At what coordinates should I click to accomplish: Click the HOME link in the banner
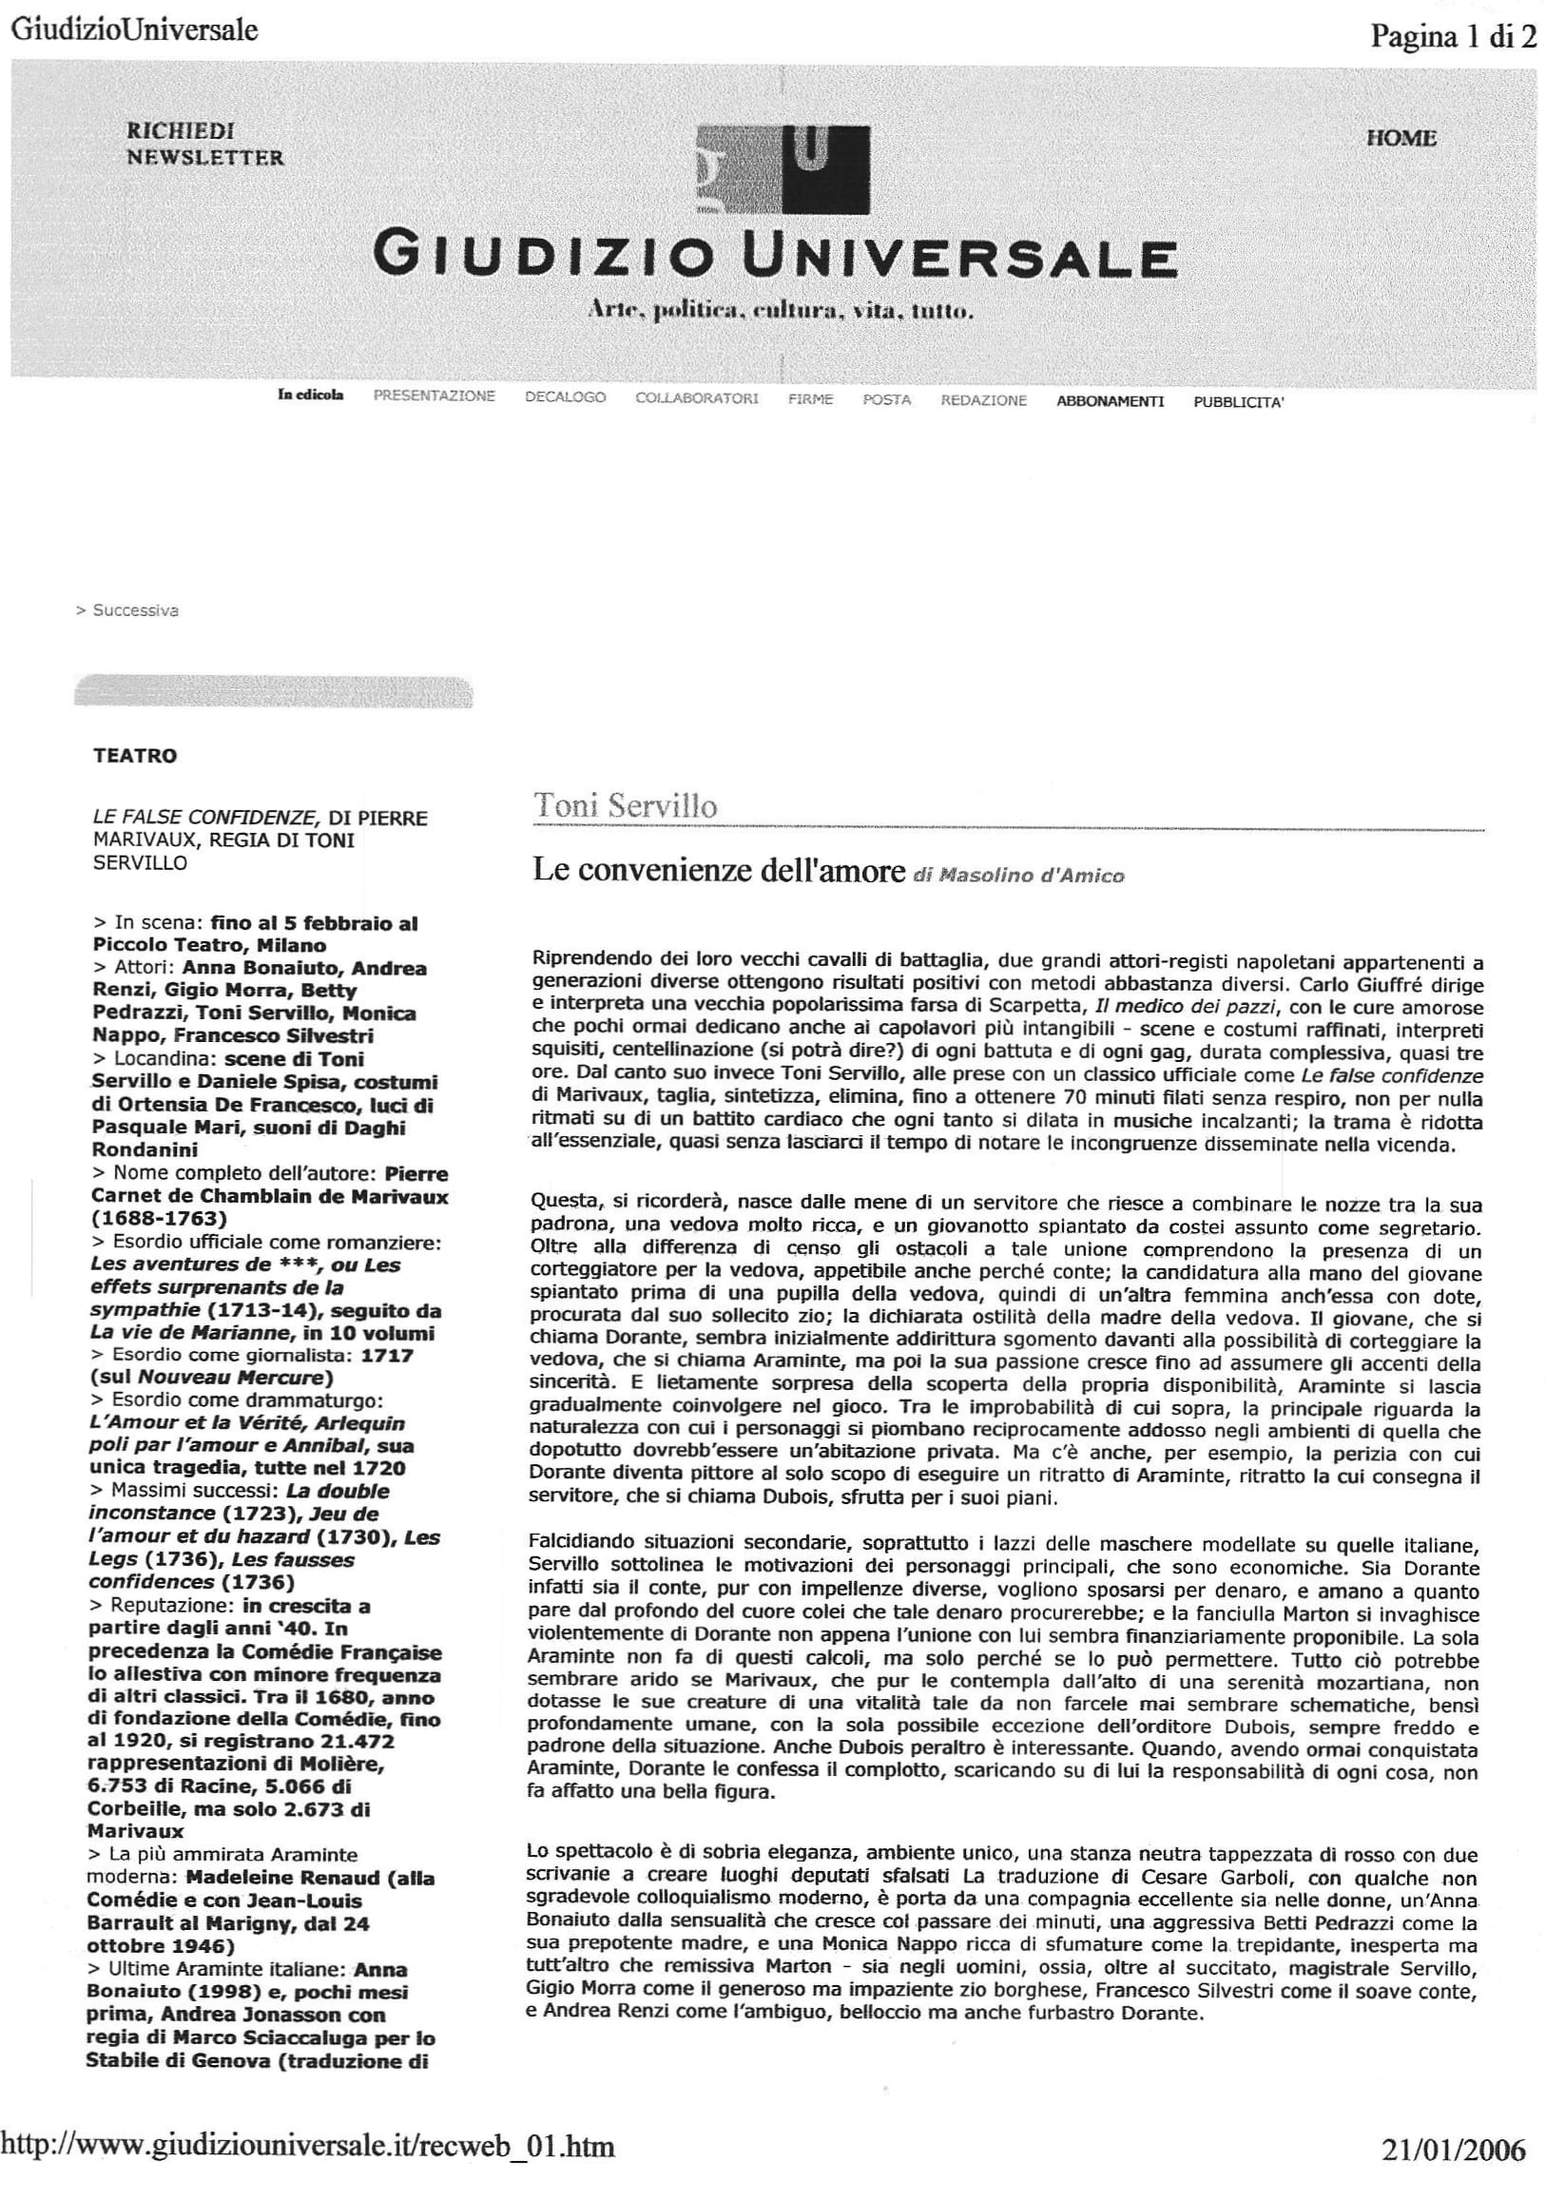[x=1401, y=138]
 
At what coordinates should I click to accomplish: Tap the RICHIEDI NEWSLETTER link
[x=205, y=144]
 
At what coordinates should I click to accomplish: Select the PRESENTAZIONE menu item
[x=435, y=396]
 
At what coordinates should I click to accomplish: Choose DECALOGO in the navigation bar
[x=566, y=397]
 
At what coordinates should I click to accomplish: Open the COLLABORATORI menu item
[x=697, y=398]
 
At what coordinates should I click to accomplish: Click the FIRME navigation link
[x=810, y=399]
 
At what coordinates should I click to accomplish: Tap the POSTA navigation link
[x=886, y=399]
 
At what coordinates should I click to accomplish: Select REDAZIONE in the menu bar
[x=983, y=400]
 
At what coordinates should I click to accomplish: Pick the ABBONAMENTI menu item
[x=1110, y=401]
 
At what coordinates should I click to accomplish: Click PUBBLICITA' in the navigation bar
[x=1238, y=402]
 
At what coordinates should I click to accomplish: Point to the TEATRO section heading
[x=135, y=756]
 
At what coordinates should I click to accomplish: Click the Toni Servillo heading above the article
[x=625, y=806]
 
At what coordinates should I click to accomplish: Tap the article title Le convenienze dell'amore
[x=719, y=870]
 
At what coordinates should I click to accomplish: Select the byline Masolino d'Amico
[x=1032, y=875]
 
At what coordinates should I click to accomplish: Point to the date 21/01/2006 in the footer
[x=1453, y=2152]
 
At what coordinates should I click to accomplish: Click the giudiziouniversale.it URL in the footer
[x=309, y=2146]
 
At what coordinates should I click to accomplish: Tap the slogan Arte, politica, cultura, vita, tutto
[x=782, y=311]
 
